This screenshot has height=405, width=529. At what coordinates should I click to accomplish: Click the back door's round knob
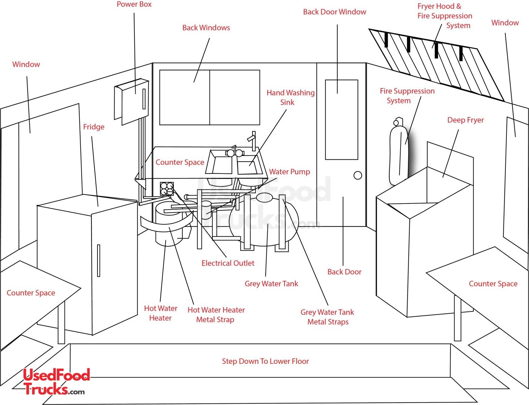pyautogui.click(x=358, y=175)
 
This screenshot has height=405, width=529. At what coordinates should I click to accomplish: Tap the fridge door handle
pyautogui.click(x=98, y=261)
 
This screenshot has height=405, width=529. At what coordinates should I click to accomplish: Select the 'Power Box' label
pyautogui.click(x=134, y=4)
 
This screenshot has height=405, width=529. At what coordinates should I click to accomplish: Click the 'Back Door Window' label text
pyautogui.click(x=334, y=12)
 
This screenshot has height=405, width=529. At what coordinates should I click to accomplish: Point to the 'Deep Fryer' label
pyautogui.click(x=465, y=120)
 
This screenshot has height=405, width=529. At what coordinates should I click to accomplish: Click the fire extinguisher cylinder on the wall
pyautogui.click(x=399, y=152)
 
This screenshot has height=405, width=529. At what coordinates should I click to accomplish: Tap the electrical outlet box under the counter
pyautogui.click(x=167, y=189)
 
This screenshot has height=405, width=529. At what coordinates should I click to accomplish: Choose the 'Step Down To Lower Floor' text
pyautogui.click(x=265, y=361)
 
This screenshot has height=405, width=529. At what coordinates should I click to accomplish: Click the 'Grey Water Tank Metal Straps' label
pyautogui.click(x=327, y=317)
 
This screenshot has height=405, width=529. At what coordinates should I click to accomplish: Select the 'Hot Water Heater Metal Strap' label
pyautogui.click(x=216, y=315)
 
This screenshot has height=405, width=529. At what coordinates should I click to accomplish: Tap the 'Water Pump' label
pyautogui.click(x=289, y=172)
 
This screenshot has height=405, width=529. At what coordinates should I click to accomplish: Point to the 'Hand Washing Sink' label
pyautogui.click(x=290, y=98)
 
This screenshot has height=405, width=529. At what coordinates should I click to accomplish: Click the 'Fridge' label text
pyautogui.click(x=94, y=127)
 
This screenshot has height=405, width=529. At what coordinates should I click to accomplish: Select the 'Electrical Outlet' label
pyautogui.click(x=228, y=263)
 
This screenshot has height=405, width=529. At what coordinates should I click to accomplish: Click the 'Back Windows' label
pyautogui.click(x=206, y=28)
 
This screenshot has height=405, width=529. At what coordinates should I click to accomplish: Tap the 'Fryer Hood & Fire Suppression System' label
pyautogui.click(x=445, y=16)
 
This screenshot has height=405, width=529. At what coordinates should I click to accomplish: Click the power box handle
pyautogui.click(x=144, y=99)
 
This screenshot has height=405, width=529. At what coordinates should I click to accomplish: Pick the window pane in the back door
pyautogui.click(x=341, y=120)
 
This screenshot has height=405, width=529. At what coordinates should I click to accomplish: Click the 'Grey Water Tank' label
pyautogui.click(x=271, y=284)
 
